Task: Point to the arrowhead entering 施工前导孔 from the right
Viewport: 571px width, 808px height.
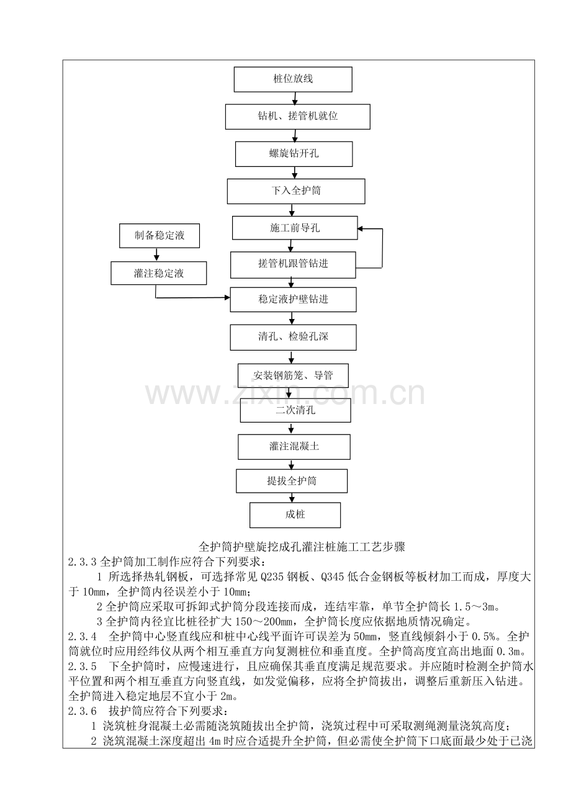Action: (361, 229)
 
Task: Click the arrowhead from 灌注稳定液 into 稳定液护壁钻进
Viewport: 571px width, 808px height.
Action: (227, 298)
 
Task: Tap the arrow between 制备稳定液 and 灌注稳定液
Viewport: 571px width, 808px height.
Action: (156, 254)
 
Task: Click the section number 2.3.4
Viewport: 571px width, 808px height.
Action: (83, 637)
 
